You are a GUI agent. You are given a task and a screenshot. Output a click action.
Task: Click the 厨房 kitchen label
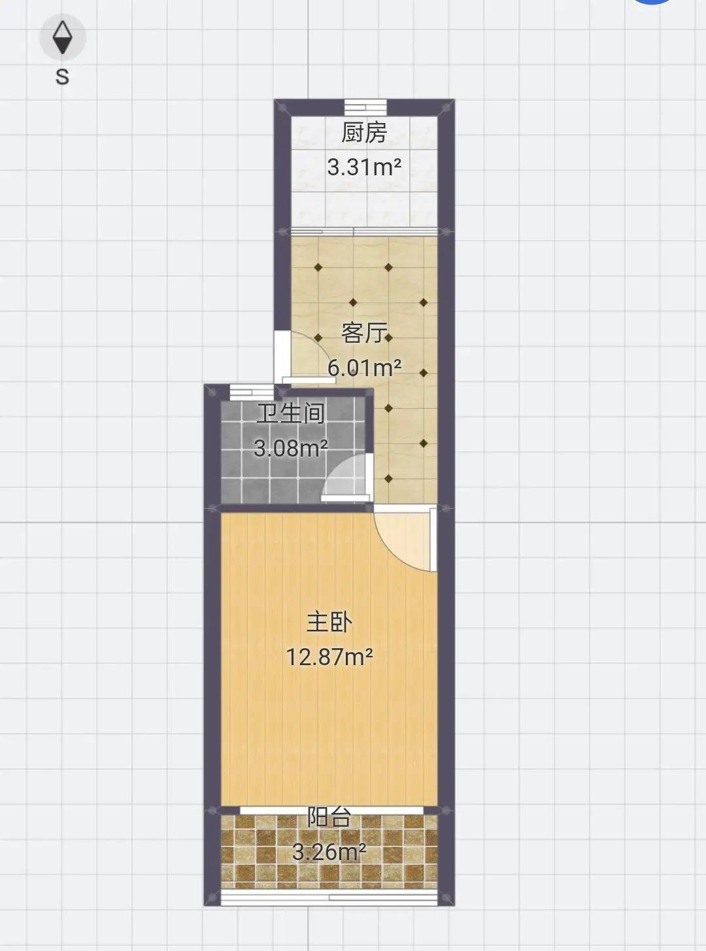364,133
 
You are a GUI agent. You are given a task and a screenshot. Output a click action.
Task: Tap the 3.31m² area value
364,167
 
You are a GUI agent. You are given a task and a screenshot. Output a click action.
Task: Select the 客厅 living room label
364,333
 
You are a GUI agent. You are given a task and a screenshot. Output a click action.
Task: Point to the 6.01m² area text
364,368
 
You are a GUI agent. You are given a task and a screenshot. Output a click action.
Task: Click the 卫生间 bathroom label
291,414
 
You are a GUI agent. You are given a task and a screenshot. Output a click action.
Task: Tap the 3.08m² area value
291,449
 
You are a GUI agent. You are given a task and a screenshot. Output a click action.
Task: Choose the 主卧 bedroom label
329,623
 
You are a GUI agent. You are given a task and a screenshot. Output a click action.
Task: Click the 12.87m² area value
329,657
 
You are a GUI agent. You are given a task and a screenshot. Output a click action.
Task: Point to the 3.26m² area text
329,852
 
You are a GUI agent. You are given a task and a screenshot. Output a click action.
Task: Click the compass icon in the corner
63,37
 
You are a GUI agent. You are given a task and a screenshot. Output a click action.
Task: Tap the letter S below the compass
63,77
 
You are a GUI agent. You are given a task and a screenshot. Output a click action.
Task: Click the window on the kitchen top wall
365,107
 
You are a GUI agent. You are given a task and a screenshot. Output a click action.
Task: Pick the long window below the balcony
329,897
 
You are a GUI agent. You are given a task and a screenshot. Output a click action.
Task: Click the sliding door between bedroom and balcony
331,810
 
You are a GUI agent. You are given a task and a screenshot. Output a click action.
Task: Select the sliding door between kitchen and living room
364,231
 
